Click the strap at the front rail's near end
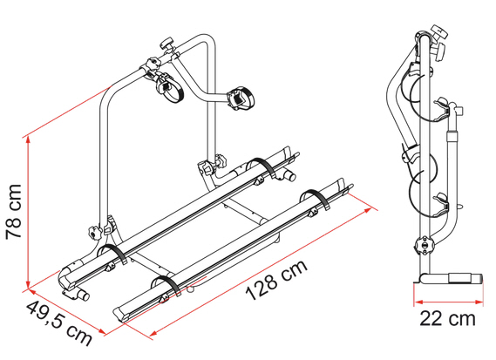165,288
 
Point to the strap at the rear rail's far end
262,166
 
